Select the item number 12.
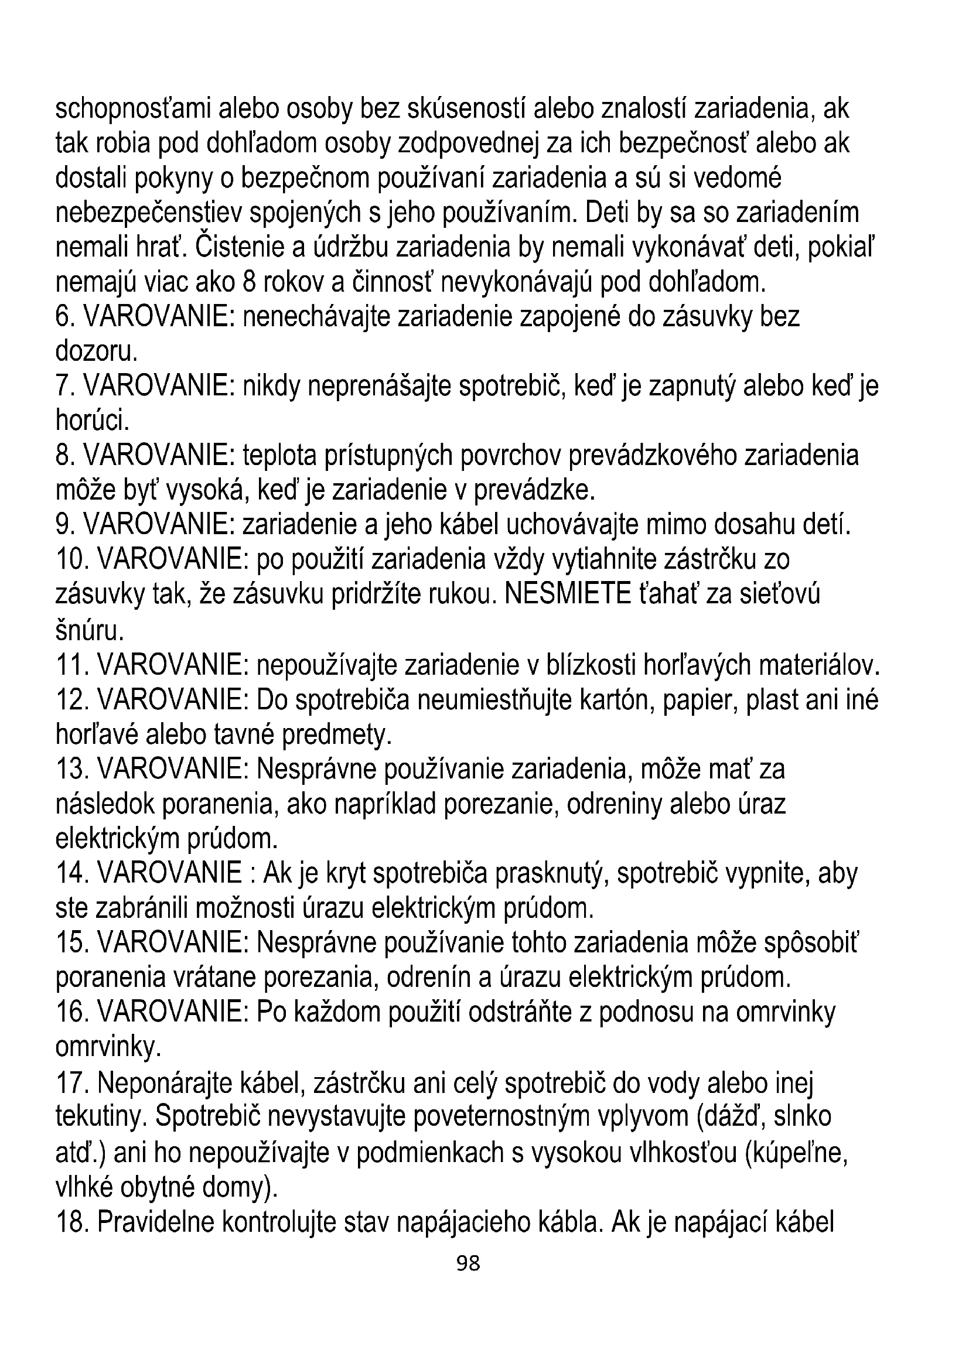[x=71, y=699]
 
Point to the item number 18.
[x=71, y=1222]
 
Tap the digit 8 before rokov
[x=250, y=282]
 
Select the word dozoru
[x=96, y=351]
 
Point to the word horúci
[x=92, y=421]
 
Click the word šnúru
[x=90, y=630]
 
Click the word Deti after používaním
[x=606, y=213]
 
